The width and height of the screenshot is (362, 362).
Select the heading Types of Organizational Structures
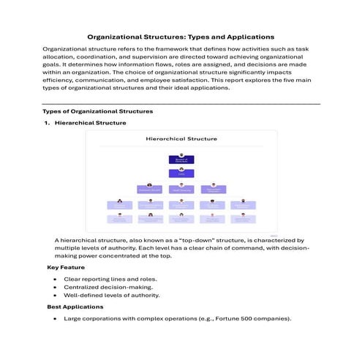98,111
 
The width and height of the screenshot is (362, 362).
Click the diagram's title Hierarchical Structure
181,137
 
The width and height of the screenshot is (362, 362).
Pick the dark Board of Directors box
181,159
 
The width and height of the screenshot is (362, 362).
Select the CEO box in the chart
181,173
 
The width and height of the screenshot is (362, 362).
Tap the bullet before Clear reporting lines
56,279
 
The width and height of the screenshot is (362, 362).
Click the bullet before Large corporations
56,319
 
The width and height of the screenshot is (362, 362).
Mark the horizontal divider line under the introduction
181,103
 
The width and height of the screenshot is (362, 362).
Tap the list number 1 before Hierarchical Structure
47,123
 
